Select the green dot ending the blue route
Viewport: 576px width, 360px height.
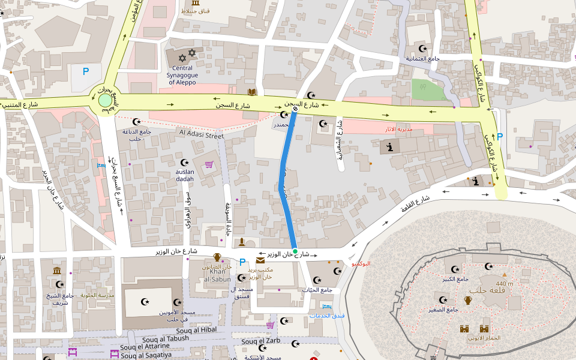pyautogui.click(x=295, y=251)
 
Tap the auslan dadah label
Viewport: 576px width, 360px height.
pyautogui.click(x=185, y=175)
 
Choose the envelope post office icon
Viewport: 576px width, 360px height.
pyautogui.click(x=260, y=260)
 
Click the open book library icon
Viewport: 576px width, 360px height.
pyautogui.click(x=253, y=92)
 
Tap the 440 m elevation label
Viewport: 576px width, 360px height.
pyautogui.click(x=505, y=284)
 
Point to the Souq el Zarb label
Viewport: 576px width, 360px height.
pyautogui.click(x=260, y=341)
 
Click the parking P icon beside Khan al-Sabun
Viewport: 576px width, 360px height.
pyautogui.click(x=242, y=262)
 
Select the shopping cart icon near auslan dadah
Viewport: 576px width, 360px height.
pyautogui.click(x=209, y=164)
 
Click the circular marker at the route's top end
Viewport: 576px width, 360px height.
pyautogui.click(x=295, y=109)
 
